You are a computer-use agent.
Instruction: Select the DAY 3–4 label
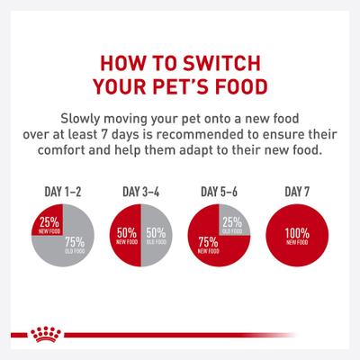pyautogui.click(x=139, y=191)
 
